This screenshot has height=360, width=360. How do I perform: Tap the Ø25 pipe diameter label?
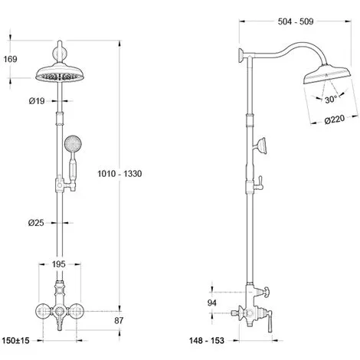tap(35, 223)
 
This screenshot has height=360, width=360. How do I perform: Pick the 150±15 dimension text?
tap(16, 339)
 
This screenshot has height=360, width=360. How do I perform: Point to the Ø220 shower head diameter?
tap(337, 119)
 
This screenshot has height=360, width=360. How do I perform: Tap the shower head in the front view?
tap(57, 77)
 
